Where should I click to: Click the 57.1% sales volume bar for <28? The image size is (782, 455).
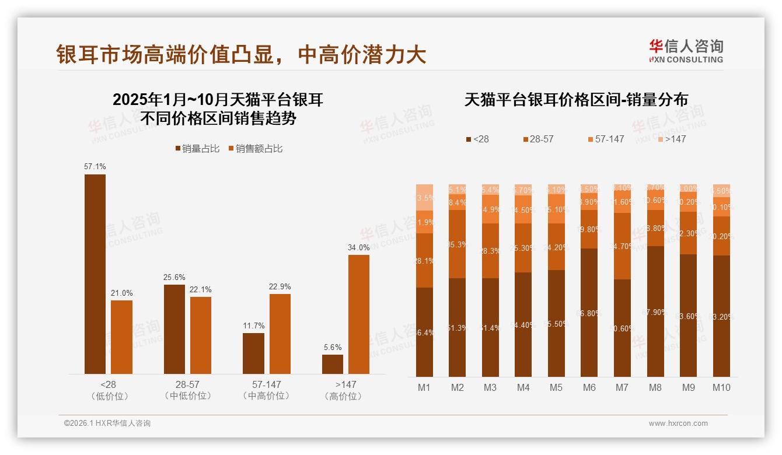click(95, 274)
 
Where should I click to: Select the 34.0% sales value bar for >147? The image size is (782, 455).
click(359, 314)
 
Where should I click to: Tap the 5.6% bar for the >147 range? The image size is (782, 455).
click(333, 364)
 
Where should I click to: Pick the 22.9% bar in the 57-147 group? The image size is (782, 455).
click(280, 334)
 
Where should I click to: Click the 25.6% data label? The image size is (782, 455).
click(174, 276)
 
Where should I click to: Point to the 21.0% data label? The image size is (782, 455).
click(122, 293)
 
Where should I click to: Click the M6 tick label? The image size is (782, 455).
click(589, 387)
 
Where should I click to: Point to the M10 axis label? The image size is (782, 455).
click(721, 387)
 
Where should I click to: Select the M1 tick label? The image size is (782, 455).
click(424, 387)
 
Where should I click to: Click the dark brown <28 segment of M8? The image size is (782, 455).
click(655, 311)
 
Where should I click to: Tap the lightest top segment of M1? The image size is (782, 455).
click(425, 197)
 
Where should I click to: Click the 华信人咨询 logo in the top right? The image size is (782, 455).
click(686, 51)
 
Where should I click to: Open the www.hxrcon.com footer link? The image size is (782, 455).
click(678, 423)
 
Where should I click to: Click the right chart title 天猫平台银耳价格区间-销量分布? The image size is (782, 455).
click(576, 100)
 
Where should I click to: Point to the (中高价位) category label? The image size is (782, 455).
click(267, 396)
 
